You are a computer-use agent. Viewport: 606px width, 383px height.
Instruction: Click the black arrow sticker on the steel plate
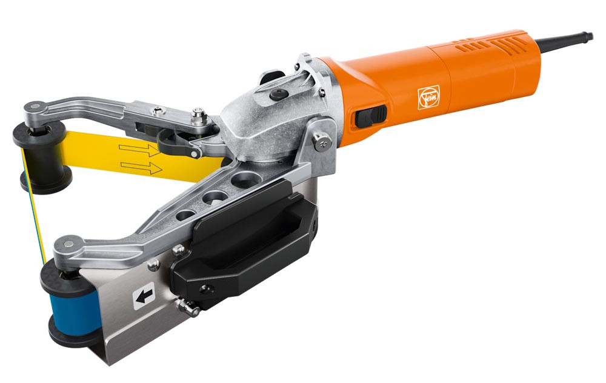pos(144,296)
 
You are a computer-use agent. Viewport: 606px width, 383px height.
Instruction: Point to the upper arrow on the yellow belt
pos(139,150)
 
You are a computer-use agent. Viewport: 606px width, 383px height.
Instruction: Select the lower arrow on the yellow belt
pos(141,167)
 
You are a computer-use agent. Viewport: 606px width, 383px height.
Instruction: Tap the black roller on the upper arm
pos(43,156)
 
